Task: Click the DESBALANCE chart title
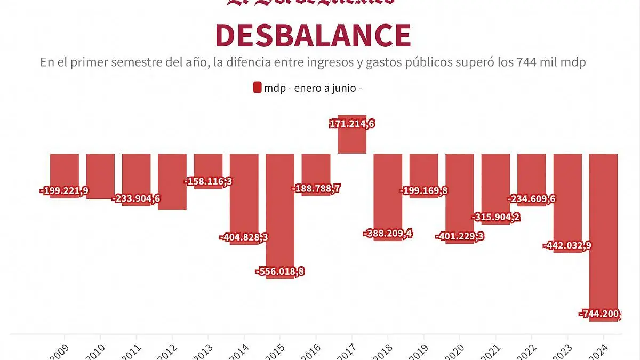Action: coord(313,35)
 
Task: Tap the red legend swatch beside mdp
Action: coord(257,87)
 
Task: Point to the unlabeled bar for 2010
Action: coord(100,176)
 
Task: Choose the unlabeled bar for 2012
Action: coord(172,181)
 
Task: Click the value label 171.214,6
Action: coord(352,124)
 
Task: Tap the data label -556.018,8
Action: coord(280,271)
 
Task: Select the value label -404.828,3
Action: coord(244,237)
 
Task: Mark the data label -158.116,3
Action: coord(208,181)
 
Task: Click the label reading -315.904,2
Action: coord(496,217)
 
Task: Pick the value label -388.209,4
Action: coord(388,233)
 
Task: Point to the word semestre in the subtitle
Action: coord(133,62)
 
